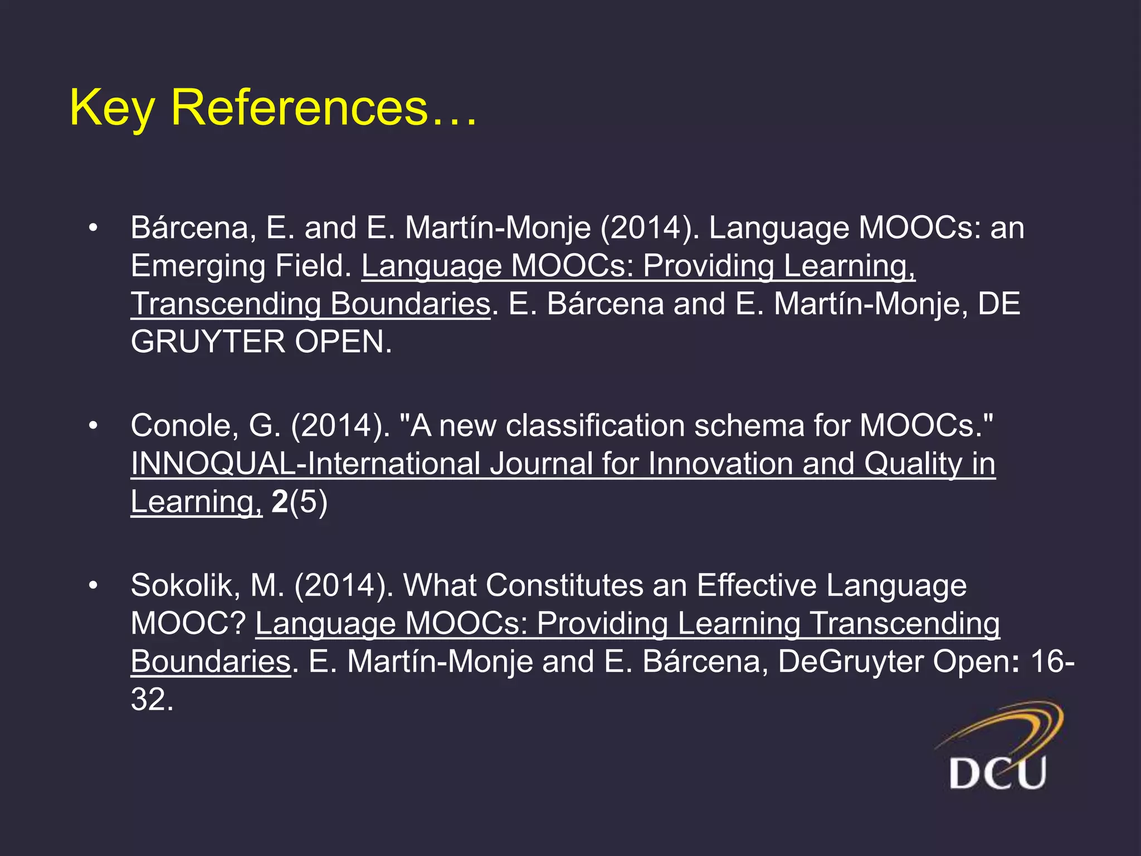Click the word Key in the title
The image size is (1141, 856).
point(111,108)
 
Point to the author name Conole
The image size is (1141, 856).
point(184,426)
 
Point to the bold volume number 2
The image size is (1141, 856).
point(280,502)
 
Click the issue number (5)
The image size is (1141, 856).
point(309,502)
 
